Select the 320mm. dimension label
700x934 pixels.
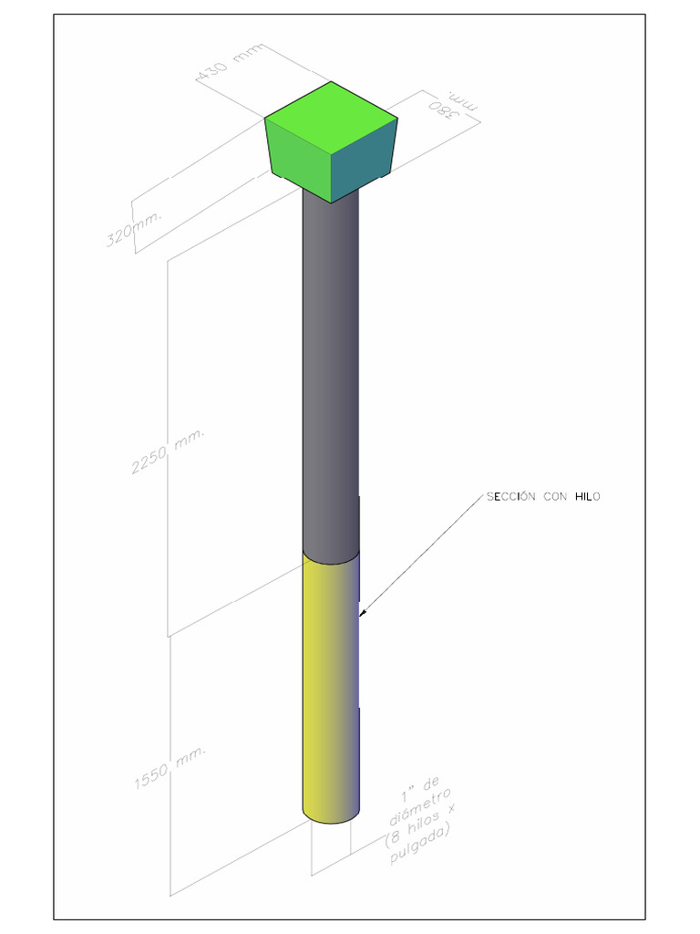pyautogui.click(x=135, y=228)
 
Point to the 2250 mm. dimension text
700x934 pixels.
pyautogui.click(x=169, y=451)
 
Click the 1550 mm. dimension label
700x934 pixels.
pyautogui.click(x=170, y=768)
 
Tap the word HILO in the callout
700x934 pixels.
pyautogui.click(x=588, y=497)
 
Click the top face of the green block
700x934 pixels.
pyautogui.click(x=331, y=116)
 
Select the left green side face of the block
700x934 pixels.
pyautogui.click(x=297, y=161)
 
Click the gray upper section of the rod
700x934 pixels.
pyautogui.click(x=330, y=365)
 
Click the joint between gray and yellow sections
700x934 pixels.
pyautogui.click(x=330, y=557)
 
